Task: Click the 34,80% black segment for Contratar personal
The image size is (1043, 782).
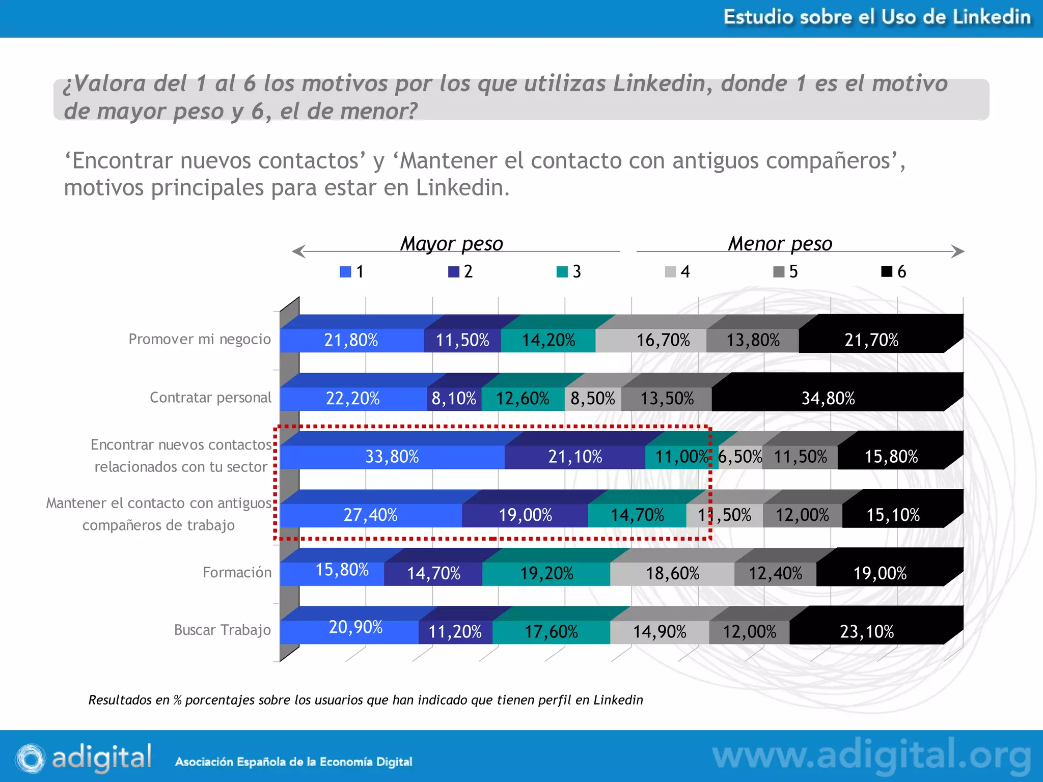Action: pos(828,399)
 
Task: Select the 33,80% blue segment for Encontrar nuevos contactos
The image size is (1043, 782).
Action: pos(392,457)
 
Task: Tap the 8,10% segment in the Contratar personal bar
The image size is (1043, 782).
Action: pos(454,399)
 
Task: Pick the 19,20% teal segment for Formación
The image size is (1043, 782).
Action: pos(546,574)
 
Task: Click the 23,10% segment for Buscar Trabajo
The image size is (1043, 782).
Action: pos(867,632)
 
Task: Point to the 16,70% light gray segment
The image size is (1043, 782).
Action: pos(663,340)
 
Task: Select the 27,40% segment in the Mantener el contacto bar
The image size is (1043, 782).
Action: pos(370,515)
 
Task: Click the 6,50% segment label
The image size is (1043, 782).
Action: pos(739,457)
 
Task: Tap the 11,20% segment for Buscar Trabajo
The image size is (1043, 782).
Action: pos(455,632)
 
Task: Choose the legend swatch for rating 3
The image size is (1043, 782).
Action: pos(562,272)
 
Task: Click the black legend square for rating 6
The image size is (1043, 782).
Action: pos(887,271)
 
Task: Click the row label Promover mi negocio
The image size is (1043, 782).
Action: pos(200,339)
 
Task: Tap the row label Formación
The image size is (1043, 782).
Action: pos(237,572)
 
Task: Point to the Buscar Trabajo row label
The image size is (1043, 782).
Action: pos(222,630)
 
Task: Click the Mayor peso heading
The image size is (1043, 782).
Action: pos(451,243)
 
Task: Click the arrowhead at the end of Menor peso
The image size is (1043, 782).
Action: pos(958,252)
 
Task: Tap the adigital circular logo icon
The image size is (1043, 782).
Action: pos(30,758)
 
